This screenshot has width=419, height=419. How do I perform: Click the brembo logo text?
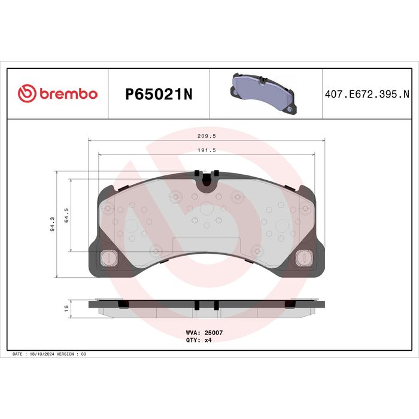coord(69,94)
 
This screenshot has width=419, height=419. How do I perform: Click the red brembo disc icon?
coord(27,93)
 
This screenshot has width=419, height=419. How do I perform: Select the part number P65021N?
coord(159,94)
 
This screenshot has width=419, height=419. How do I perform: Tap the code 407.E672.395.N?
coord(367,94)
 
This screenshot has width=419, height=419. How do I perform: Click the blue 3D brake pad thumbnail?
coord(263,93)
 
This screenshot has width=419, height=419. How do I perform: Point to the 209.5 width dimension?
coord(207,136)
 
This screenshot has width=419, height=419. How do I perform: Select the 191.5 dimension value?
coord(207,150)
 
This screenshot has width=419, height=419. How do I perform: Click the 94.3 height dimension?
coord(53,224)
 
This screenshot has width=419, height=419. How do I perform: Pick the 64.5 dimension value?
coord(66,215)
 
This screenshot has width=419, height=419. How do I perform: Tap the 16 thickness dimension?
coord(66,308)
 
